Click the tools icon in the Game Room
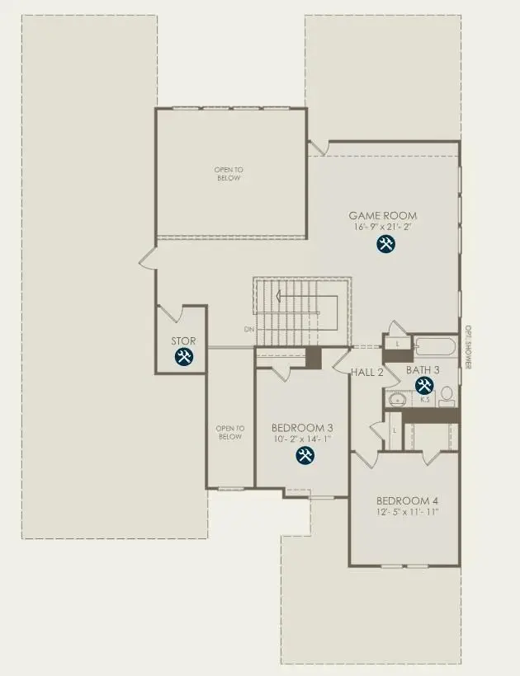click(x=385, y=243)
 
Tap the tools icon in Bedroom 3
click(x=305, y=456)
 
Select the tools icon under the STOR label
click(x=184, y=356)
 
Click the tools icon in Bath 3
click(x=424, y=385)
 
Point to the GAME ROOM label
click(x=382, y=216)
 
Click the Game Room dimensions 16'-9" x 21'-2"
click(x=382, y=226)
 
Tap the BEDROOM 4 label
click(x=407, y=500)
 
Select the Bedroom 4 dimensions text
click(x=407, y=512)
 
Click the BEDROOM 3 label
click(x=302, y=428)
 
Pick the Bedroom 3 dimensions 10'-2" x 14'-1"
click(x=302, y=439)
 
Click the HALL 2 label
click(x=367, y=372)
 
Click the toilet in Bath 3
click(x=447, y=397)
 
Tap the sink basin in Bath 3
click(x=397, y=400)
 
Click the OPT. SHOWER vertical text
click(x=466, y=347)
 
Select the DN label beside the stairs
click(x=248, y=329)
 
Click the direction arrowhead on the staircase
click(x=280, y=297)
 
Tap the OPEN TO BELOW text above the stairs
click(x=229, y=173)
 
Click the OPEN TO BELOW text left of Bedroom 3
click(x=230, y=432)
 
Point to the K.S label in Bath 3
click(x=425, y=400)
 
